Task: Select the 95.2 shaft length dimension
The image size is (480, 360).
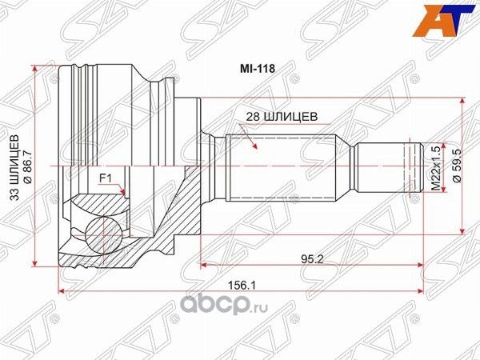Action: coord(312,258)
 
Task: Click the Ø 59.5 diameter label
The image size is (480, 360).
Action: coord(456,166)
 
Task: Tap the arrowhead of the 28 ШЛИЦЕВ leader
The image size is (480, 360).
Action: coord(254,149)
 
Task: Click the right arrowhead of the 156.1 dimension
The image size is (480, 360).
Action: coord(421,291)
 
